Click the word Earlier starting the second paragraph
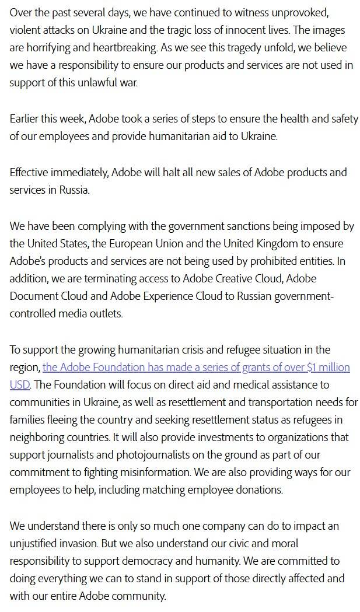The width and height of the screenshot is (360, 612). click(x=27, y=119)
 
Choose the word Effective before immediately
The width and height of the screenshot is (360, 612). click(x=30, y=172)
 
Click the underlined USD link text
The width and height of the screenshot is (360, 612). click(x=19, y=385)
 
